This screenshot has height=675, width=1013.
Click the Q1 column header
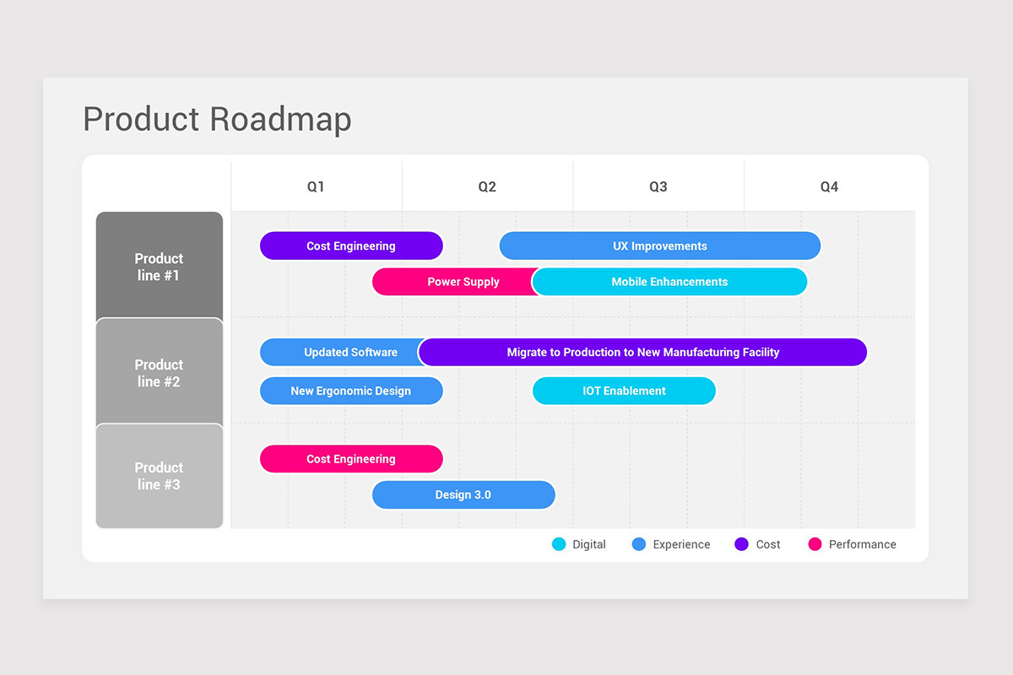click(x=316, y=186)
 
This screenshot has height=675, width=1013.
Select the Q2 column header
click(x=487, y=186)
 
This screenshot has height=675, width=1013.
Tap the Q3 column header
click(x=658, y=186)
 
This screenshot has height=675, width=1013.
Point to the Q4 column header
click(x=829, y=186)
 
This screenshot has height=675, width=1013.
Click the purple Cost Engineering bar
click(x=351, y=246)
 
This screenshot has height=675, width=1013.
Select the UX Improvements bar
click(x=660, y=246)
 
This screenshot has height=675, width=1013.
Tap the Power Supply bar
click(x=456, y=282)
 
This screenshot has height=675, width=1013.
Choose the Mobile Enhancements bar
click(x=669, y=282)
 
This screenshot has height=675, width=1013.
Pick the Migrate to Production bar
click(x=643, y=352)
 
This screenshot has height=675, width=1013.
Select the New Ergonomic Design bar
click(x=351, y=391)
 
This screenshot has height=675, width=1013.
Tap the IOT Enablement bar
click(x=624, y=391)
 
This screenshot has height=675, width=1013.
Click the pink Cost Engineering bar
click(x=351, y=459)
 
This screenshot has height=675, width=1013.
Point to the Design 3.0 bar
click(x=463, y=494)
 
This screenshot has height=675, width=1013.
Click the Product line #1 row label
click(x=160, y=267)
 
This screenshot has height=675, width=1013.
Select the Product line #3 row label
click(x=160, y=476)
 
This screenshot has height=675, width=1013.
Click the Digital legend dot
click(x=559, y=544)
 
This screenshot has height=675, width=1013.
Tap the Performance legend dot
click(x=815, y=544)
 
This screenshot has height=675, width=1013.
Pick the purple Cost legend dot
click(x=741, y=544)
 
